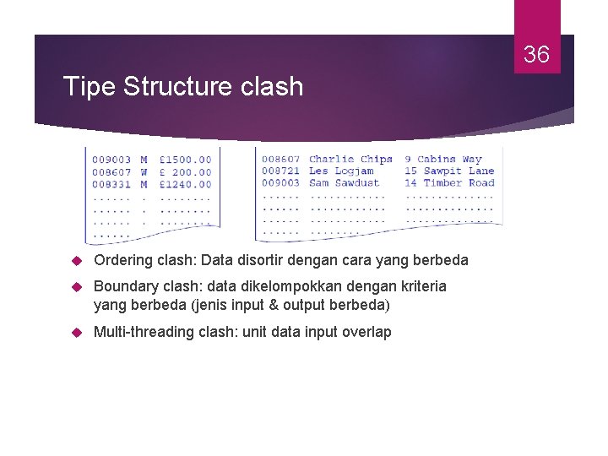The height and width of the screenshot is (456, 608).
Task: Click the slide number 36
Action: (x=536, y=55)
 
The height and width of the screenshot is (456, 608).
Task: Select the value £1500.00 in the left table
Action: (x=185, y=160)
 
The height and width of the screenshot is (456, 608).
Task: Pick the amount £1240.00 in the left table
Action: (x=185, y=184)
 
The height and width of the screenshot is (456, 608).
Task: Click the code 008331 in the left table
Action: (x=111, y=184)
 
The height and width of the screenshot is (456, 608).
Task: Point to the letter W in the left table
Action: (x=144, y=171)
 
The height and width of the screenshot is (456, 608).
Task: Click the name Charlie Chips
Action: (x=350, y=159)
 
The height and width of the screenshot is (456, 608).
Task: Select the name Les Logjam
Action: (x=341, y=171)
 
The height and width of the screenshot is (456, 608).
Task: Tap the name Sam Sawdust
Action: (x=345, y=182)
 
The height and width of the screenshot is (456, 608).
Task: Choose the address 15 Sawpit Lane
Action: (x=449, y=171)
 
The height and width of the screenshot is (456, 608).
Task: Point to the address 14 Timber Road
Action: (x=449, y=182)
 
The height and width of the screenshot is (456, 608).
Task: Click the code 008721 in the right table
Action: (x=280, y=171)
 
